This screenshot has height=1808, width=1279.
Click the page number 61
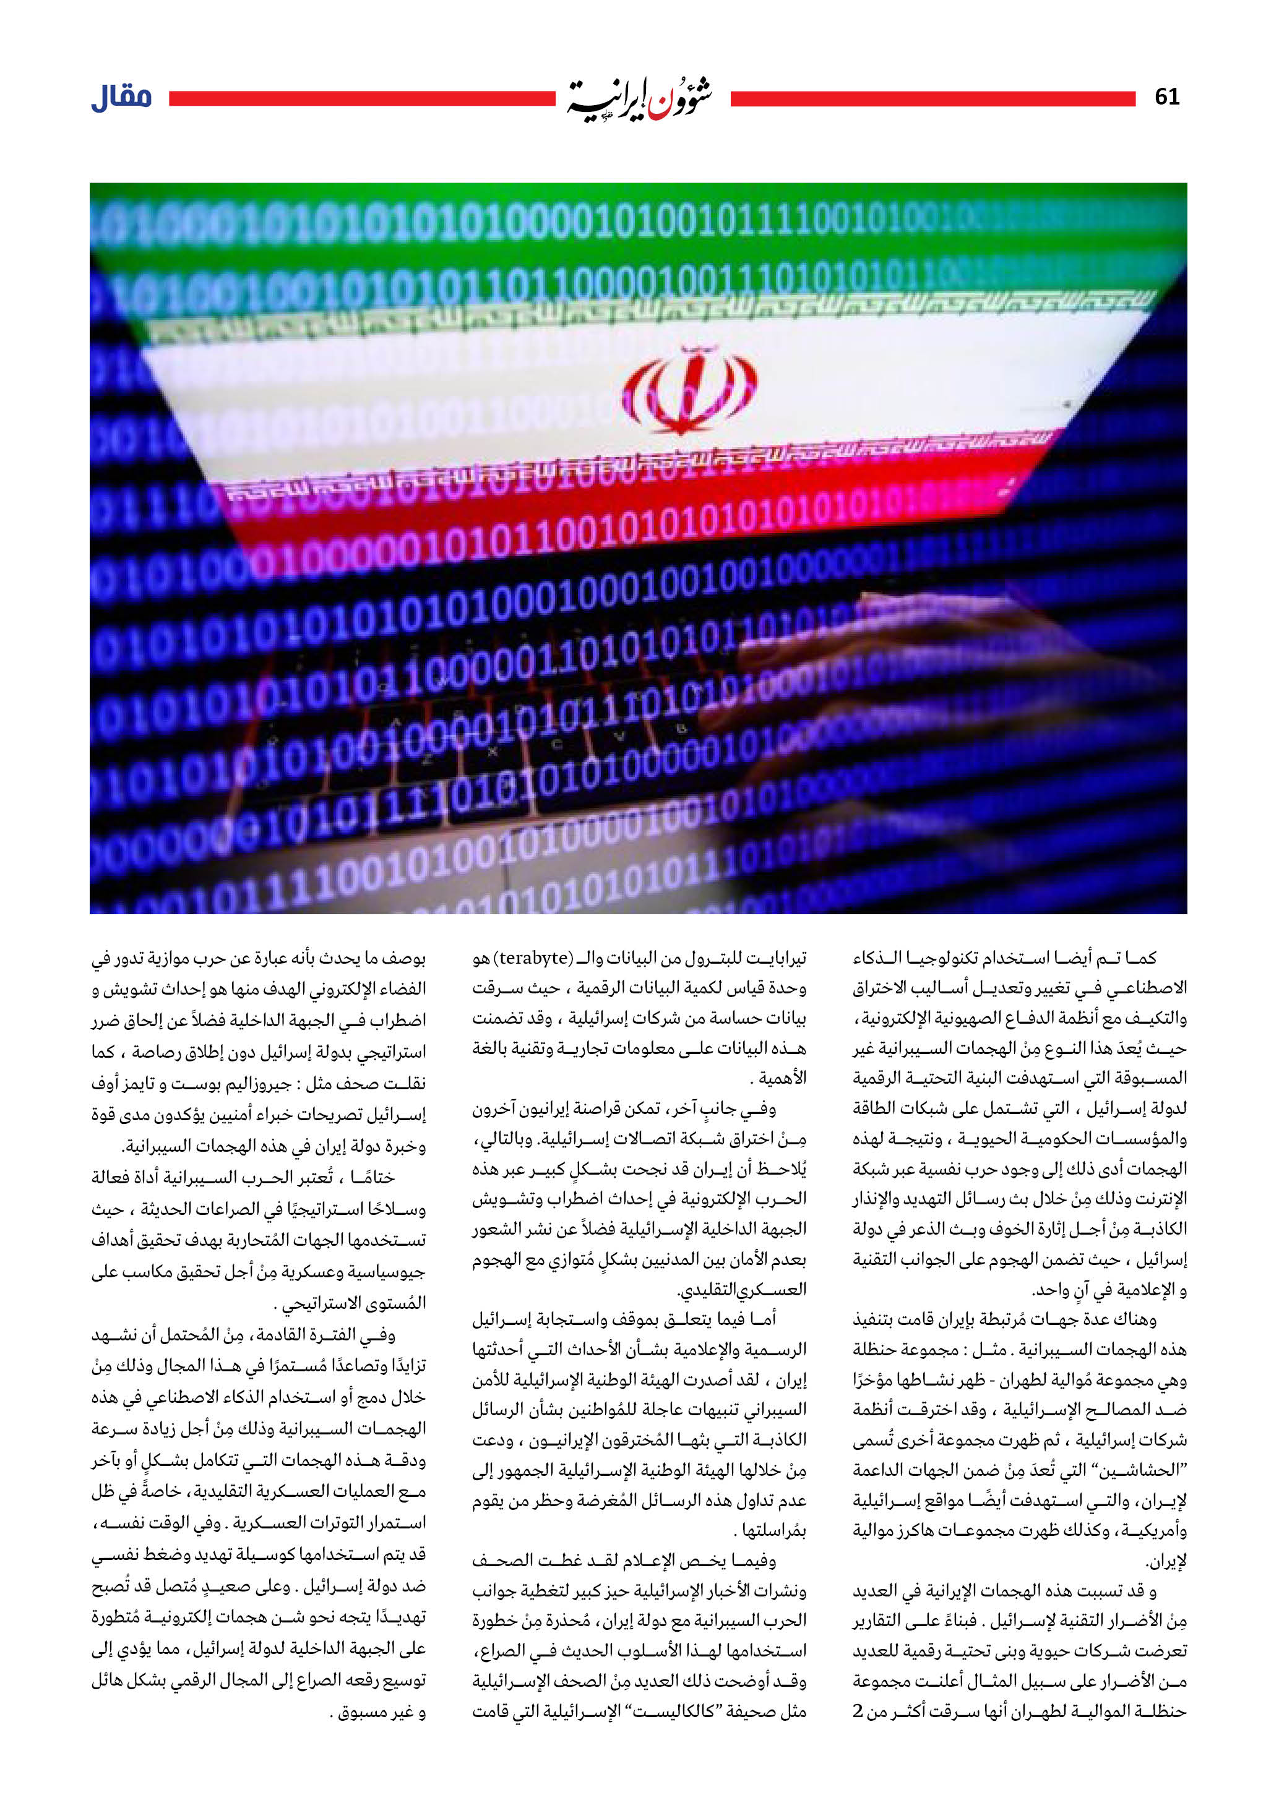click(1166, 97)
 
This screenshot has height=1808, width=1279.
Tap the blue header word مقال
click(122, 98)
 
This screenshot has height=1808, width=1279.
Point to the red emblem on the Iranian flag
click(690, 392)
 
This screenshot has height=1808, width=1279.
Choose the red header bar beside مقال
click(362, 98)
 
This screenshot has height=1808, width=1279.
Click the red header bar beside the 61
click(932, 98)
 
